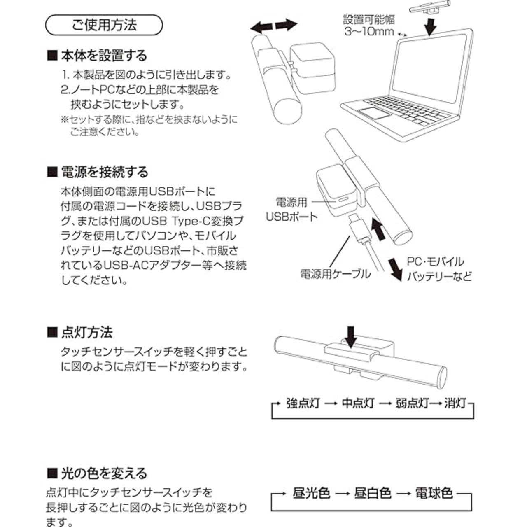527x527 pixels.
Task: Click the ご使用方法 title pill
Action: click(104, 26)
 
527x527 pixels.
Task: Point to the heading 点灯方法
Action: click(81, 332)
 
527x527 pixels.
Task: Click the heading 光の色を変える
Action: click(98, 473)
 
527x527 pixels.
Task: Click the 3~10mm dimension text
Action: click(369, 31)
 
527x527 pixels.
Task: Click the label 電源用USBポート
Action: click(291, 209)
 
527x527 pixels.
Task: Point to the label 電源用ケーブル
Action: click(335, 274)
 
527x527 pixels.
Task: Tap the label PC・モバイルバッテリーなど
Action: click(439, 269)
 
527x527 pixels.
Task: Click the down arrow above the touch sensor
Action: click(351, 337)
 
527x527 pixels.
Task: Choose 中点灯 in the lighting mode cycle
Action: click(358, 403)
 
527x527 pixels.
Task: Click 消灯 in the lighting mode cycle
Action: click(455, 403)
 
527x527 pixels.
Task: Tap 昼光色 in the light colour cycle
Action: click(311, 493)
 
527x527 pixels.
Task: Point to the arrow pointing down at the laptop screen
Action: click(430, 27)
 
